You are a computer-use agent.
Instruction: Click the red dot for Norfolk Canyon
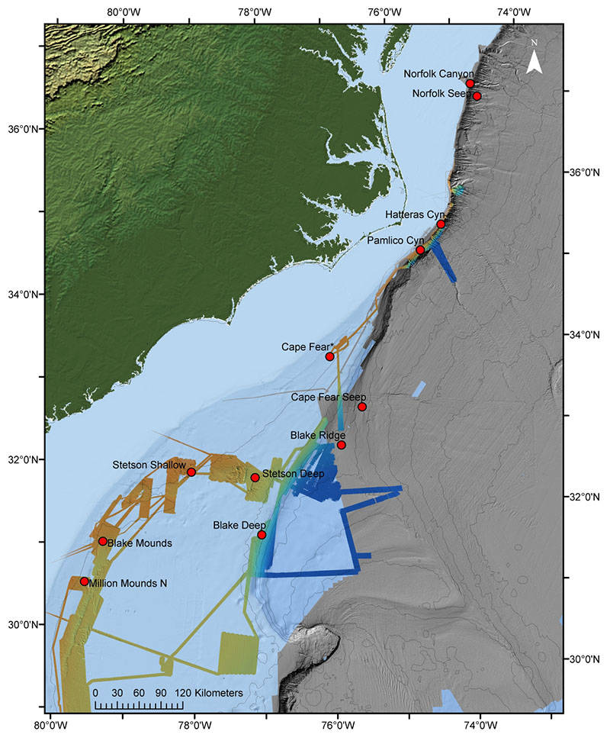click(470, 83)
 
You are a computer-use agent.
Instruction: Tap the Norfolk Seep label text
click(441, 94)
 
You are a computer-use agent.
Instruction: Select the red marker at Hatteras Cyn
click(441, 224)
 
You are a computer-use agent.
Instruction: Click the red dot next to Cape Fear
click(329, 356)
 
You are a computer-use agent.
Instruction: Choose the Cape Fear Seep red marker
click(362, 407)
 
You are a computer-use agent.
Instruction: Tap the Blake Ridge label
click(317, 435)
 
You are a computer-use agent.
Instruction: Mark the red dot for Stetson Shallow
click(191, 472)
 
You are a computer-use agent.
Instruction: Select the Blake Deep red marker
click(262, 535)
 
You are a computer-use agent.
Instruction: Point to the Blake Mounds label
click(139, 543)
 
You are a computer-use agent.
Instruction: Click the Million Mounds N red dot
click(84, 581)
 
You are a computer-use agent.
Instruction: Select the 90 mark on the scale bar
click(161, 692)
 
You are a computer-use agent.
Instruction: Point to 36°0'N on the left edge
click(22, 129)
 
